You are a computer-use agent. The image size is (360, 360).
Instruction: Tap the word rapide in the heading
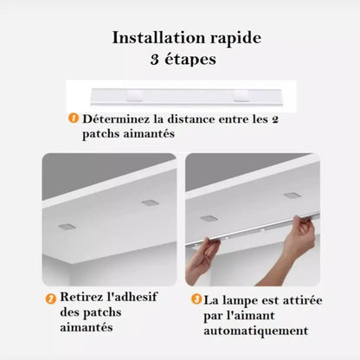(x=228, y=39)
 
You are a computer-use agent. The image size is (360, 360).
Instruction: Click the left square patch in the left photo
(x=67, y=226)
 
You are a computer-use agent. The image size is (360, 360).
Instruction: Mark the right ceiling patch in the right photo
(x=292, y=195)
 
